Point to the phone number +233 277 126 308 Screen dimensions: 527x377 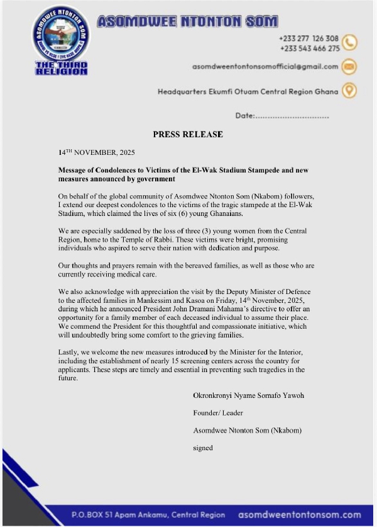click(x=309, y=38)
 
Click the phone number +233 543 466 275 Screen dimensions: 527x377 click(x=309, y=48)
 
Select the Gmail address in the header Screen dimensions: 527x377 click(x=265, y=66)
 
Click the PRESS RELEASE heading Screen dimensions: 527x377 click(x=188, y=134)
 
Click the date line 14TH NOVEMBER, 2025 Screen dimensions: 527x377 click(x=96, y=152)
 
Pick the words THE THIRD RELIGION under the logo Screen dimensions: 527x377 click(x=61, y=69)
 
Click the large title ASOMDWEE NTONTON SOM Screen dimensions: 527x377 click(x=187, y=21)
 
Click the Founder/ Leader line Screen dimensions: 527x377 click(x=218, y=413)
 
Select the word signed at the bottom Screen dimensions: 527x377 click(x=203, y=448)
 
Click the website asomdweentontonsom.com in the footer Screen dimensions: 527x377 click(x=300, y=514)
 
